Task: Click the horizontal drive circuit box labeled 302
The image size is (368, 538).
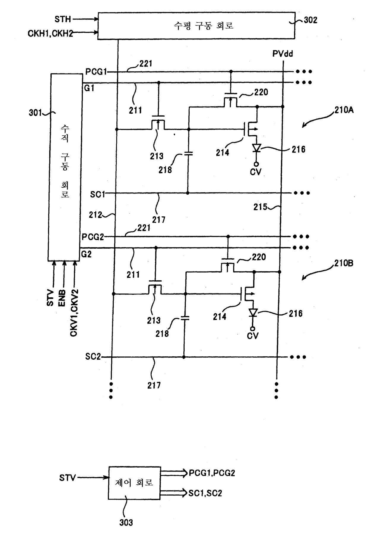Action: [196, 26]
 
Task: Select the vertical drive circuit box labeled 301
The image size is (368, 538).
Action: [65, 167]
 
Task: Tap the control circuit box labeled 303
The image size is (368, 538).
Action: [134, 483]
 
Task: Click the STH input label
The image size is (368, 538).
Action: [63, 20]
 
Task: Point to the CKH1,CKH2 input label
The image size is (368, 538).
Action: [50, 33]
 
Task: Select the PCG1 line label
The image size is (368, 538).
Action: [96, 72]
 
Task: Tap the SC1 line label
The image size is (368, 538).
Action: [98, 194]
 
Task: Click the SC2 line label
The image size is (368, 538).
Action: [93, 356]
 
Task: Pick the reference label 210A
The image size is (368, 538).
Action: [344, 110]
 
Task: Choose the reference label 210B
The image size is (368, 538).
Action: [344, 263]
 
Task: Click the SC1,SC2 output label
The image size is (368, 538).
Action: [205, 493]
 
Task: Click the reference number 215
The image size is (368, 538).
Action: [260, 207]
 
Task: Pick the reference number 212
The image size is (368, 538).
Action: [96, 215]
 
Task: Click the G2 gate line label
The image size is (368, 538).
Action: [86, 254]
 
